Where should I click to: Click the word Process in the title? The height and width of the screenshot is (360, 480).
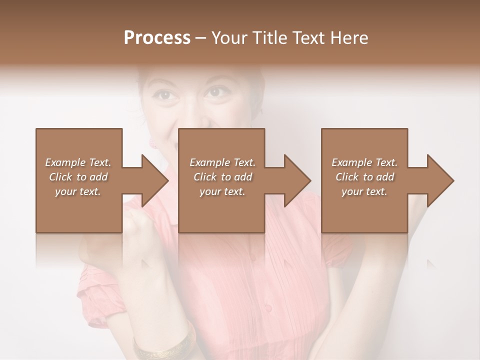click(157, 38)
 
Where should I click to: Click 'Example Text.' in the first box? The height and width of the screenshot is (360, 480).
click(78, 162)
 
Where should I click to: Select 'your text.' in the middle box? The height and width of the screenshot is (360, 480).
click(222, 191)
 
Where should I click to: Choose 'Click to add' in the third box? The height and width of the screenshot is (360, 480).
click(364, 177)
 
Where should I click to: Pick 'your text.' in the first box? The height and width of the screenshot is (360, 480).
click(78, 191)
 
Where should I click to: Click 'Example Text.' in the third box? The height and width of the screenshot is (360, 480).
click(364, 162)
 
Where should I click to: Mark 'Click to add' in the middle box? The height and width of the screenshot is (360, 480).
click(222, 177)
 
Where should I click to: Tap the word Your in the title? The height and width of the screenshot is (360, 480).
click(227, 38)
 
